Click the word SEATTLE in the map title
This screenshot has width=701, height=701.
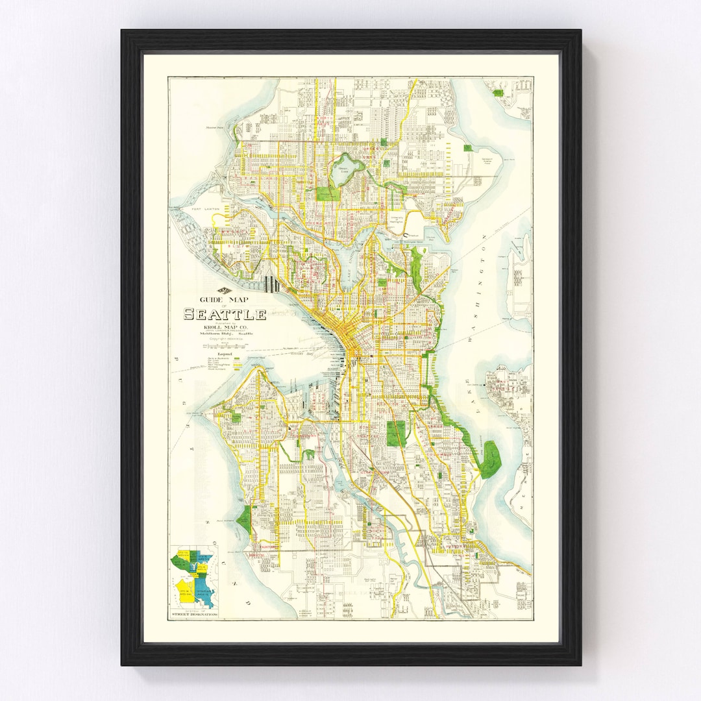[225, 315]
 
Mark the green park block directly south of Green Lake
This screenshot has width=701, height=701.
[327, 193]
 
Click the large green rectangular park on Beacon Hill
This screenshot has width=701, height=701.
[396, 433]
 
